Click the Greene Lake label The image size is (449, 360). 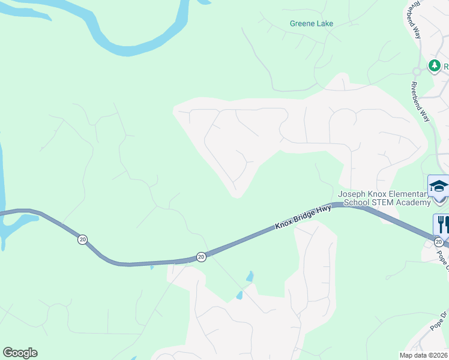(311, 24)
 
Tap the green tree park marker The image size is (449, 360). (434, 65)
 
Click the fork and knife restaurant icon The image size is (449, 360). (442, 224)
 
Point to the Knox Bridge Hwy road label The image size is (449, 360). (303, 217)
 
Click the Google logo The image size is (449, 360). (20, 353)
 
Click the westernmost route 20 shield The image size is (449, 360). (82, 239)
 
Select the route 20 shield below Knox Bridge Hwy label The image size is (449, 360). (201, 257)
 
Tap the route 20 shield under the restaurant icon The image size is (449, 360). (439, 242)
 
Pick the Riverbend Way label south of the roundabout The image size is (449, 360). (420, 101)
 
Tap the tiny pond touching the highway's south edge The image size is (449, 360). (151, 267)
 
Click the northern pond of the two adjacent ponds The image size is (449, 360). (250, 277)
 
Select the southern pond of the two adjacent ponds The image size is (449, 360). (240, 295)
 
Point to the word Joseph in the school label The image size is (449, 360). (351, 194)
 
